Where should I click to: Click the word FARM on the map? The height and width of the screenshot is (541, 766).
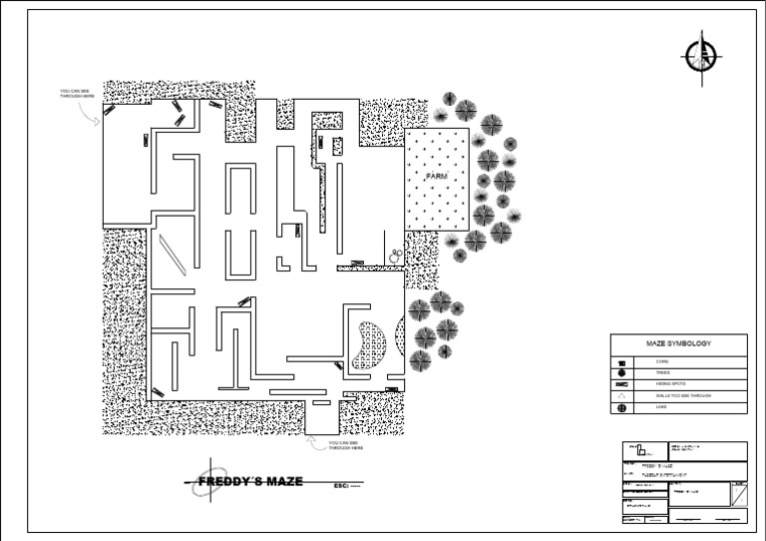[437, 176]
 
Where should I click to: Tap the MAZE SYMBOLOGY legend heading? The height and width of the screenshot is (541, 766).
[678, 343]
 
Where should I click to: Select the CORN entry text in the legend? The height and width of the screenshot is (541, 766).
[662, 360]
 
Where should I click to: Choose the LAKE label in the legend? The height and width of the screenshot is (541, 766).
[661, 407]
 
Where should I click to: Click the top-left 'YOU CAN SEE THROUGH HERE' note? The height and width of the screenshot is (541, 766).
[77, 94]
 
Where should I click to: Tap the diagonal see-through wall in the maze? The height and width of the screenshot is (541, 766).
[172, 255]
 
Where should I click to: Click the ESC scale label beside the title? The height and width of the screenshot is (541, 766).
[346, 485]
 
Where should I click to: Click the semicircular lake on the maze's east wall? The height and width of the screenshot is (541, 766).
[401, 333]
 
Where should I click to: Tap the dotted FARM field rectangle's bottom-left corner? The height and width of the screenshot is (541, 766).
[406, 229]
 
